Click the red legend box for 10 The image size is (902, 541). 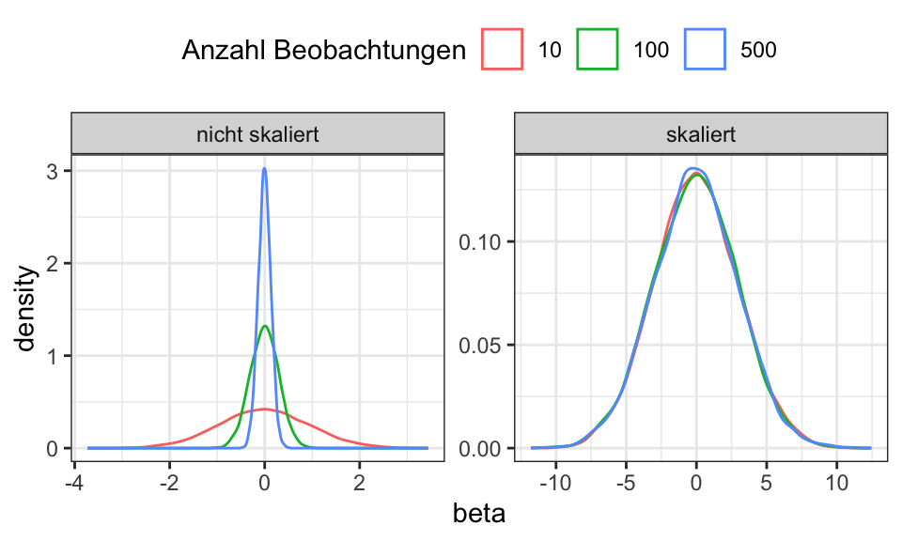(x=503, y=50)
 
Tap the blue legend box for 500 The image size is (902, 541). (x=706, y=50)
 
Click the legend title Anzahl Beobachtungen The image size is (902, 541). (x=324, y=51)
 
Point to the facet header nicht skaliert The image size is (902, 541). (x=257, y=134)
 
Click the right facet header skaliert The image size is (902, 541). (x=700, y=134)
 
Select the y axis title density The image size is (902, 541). (x=27, y=309)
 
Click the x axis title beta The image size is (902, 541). (x=479, y=514)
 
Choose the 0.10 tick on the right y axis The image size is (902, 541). (x=484, y=241)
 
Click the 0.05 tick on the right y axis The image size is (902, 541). (x=484, y=345)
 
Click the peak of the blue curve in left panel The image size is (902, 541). (x=264, y=169)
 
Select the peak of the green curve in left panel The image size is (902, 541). (x=265, y=326)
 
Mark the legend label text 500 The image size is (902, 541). (x=758, y=51)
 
